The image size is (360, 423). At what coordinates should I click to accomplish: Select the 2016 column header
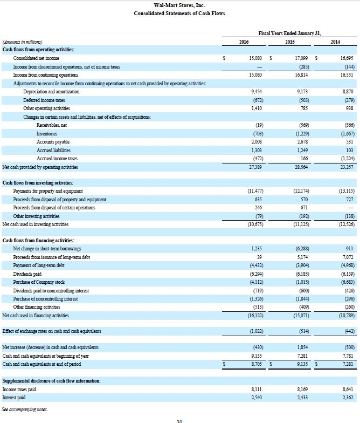243,42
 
